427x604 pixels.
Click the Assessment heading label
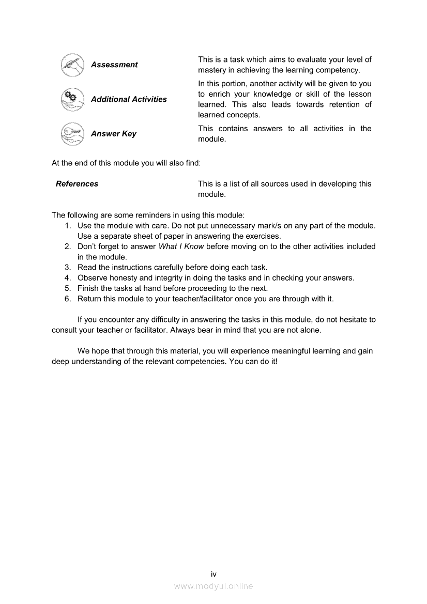pyautogui.click(x=114, y=65)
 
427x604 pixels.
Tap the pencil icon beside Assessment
pyautogui.click(x=71, y=65)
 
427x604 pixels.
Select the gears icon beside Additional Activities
pyautogui.click(x=71, y=99)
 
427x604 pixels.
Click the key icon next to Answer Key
pyautogui.click(x=71, y=134)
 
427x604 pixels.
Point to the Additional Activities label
pyautogui.click(x=129, y=99)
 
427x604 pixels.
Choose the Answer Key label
pyautogui.click(x=113, y=134)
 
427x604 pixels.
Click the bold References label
pyautogui.click(x=77, y=184)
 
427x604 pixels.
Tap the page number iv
pyautogui.click(x=213, y=574)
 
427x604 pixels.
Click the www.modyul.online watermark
pyautogui.click(x=213, y=586)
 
